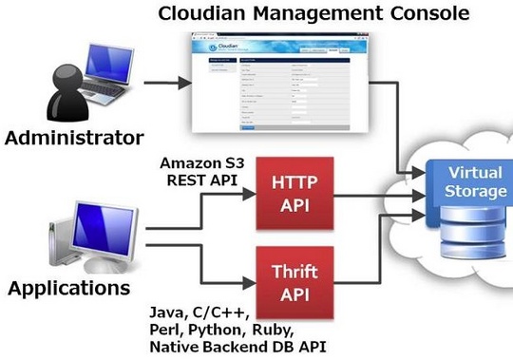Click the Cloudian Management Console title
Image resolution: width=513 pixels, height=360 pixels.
coord(313,14)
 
